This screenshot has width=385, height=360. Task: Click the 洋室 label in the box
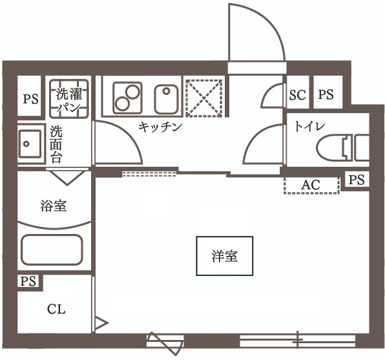(224, 257)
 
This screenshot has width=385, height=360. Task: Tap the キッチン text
(160, 127)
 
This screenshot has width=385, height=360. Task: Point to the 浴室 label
(54, 206)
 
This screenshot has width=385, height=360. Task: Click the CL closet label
(56, 309)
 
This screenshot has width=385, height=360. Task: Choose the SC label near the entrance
(297, 95)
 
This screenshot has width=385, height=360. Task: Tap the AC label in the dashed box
(311, 185)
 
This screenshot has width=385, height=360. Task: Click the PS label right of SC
(326, 95)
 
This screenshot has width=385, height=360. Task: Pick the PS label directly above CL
(28, 281)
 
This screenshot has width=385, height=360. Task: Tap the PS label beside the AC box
(357, 180)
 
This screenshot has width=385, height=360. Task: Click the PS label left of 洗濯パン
(30, 100)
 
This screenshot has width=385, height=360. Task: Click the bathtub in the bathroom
(52, 250)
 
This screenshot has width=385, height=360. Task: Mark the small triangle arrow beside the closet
(101, 322)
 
